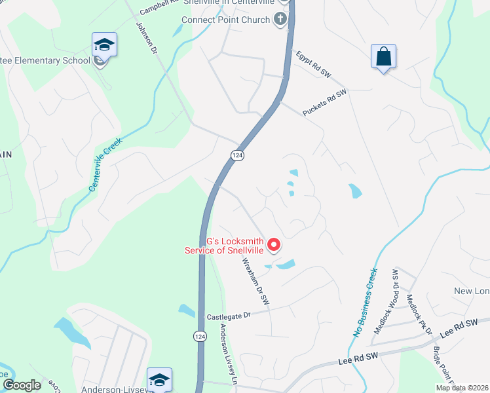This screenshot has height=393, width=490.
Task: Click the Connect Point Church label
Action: coord(226,20)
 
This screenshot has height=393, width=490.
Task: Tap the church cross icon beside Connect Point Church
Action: coord(281,18)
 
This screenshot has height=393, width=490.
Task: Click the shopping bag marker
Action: coord(383,57)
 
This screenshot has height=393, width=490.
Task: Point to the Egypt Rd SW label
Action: coord(314,65)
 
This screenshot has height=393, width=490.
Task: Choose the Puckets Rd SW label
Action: coord(324,103)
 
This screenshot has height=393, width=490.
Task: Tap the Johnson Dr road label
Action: coord(146,39)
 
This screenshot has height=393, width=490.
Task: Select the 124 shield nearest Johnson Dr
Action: coord(236,155)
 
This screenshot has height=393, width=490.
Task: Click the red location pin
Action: coord(274,245)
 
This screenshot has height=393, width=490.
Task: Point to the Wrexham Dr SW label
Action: coord(255,281)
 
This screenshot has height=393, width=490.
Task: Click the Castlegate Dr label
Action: coord(229,316)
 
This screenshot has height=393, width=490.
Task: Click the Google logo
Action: coord(22,385)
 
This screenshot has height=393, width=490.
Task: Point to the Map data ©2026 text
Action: coord(461,388)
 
